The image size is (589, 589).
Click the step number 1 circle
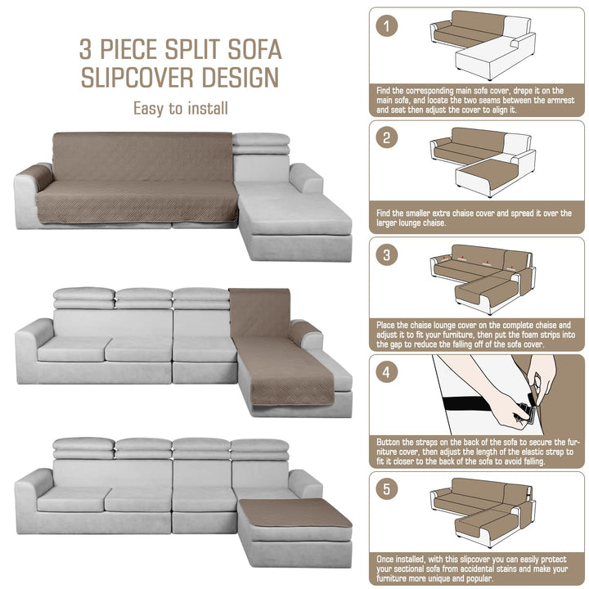tap(386, 26)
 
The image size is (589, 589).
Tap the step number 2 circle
tap(386, 137)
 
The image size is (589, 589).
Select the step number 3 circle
tap(386, 255)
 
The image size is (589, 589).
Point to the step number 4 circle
tap(386, 372)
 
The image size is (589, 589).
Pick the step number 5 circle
tap(386, 489)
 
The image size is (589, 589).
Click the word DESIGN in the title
tap(241, 78)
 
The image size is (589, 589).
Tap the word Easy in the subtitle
tap(148, 109)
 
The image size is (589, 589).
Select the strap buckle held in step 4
tap(527, 413)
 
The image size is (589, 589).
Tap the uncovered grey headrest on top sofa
tap(261, 143)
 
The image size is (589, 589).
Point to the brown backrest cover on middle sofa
tap(259, 312)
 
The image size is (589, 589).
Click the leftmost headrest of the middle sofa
tap(83, 299)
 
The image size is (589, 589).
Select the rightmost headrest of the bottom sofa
tap(259, 449)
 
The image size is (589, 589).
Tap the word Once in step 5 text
tap(386, 559)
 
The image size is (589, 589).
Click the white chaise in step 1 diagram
tap(492, 57)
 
